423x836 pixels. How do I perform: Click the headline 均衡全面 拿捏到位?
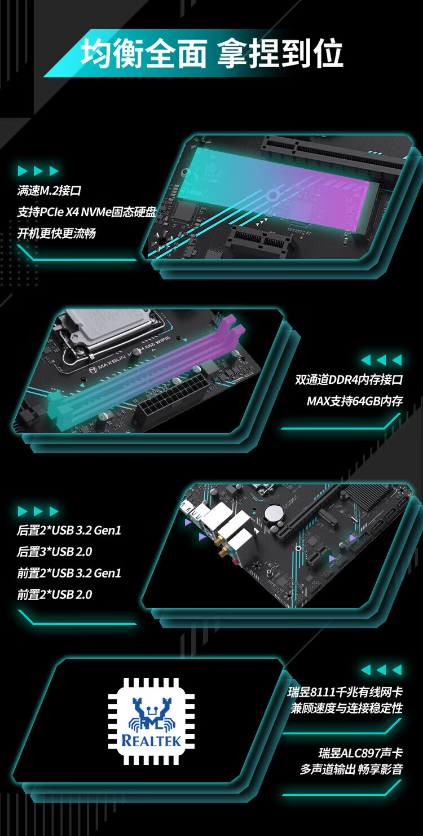click(211, 53)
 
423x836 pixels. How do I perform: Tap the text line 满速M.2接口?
click(49, 191)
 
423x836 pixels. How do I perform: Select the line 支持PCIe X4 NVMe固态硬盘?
click(86, 212)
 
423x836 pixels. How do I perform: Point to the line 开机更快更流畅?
click(56, 233)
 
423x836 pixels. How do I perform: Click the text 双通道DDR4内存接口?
click(349, 379)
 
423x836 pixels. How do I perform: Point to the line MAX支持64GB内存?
click(354, 401)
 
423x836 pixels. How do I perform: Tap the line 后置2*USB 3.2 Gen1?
click(69, 531)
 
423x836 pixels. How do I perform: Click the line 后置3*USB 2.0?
click(55, 552)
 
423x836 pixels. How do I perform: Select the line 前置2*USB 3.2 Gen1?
click(69, 573)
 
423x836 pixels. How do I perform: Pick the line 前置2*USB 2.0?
click(55, 594)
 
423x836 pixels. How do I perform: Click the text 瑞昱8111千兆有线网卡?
click(345, 692)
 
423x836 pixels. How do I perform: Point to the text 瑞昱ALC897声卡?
click(361, 753)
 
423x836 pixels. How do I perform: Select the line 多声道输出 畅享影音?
click(351, 769)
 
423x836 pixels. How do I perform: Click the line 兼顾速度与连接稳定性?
click(347, 708)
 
